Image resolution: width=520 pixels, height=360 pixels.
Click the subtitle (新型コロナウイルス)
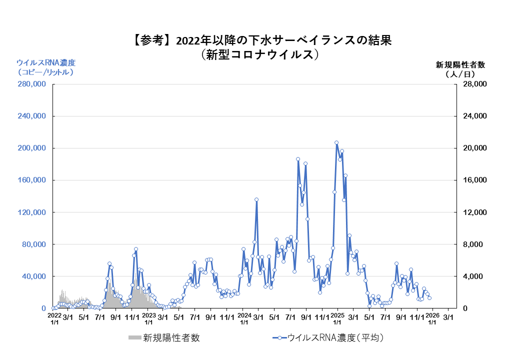pos(259,54)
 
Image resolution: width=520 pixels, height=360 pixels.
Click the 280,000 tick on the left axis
pos(31,84)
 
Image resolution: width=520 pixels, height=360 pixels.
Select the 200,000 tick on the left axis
pos(31,148)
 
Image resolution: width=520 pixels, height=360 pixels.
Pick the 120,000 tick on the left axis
pos(31,212)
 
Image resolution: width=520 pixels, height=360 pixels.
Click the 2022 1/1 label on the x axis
pos(54,319)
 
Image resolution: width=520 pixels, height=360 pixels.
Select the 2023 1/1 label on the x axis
pos(149,319)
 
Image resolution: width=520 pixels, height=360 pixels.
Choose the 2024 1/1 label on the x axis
pos(244,319)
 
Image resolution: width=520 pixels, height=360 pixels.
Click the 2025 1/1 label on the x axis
pos(338,319)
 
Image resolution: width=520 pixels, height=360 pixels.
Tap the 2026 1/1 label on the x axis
pos(432,319)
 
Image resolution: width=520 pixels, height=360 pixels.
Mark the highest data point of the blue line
pos(336,142)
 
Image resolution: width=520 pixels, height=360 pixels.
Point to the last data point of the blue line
pos(429,297)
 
